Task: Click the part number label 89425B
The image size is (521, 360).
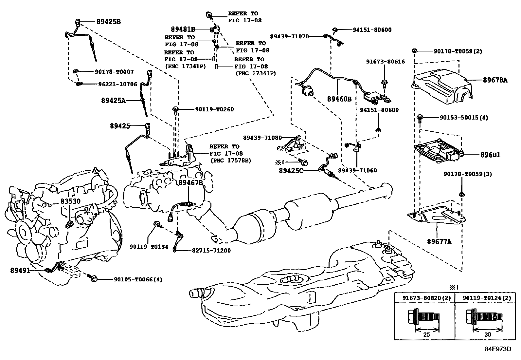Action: (x=109, y=22)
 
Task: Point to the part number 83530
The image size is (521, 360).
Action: (x=70, y=201)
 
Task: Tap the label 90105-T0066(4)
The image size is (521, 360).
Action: (x=138, y=279)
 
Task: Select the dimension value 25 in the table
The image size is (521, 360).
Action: (x=426, y=334)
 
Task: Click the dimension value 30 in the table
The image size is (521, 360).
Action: (x=487, y=334)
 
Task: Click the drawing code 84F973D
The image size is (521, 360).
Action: (x=498, y=349)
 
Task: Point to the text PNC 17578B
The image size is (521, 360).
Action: (x=231, y=161)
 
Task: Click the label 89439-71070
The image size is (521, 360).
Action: (x=289, y=36)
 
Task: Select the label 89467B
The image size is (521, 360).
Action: (x=191, y=183)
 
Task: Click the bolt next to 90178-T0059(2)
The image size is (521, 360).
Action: (x=414, y=51)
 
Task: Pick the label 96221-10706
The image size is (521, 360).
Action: (x=117, y=84)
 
